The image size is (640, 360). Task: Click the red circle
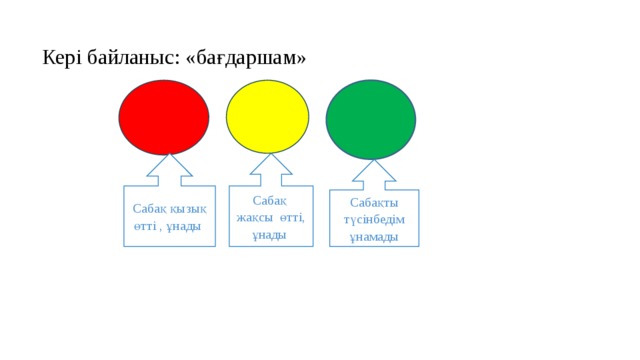164,118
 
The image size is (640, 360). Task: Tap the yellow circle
267,117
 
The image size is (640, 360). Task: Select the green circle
371,120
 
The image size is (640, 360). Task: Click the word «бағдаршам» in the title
245,58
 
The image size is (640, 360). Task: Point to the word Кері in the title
62,58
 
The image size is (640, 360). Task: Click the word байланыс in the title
133,58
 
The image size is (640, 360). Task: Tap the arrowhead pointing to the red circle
169,165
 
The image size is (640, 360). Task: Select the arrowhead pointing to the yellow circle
271,164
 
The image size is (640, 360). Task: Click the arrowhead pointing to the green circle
374,170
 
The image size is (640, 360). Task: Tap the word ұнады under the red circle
184,227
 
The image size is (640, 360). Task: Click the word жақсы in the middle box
254,218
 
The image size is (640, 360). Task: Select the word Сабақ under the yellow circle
270,201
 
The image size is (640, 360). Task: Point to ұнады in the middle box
269,236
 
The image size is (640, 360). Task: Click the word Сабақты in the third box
374,203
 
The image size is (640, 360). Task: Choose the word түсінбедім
374,220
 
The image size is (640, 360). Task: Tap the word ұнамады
374,238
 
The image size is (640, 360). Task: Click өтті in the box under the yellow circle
292,218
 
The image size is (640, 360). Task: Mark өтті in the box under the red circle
145,227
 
